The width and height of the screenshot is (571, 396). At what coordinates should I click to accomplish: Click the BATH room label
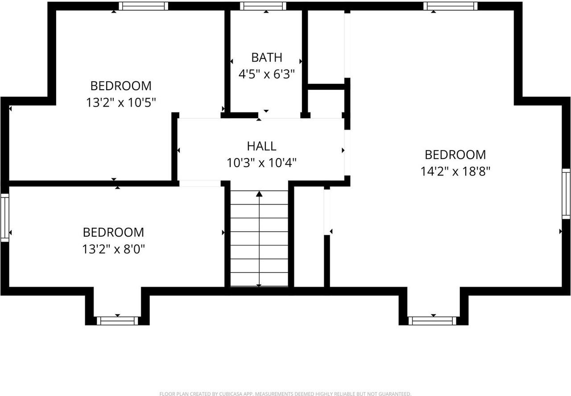[x=267, y=58]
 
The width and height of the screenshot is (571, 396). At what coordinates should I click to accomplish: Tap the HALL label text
[x=261, y=146]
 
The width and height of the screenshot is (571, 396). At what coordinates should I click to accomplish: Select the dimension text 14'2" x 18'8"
[x=455, y=171]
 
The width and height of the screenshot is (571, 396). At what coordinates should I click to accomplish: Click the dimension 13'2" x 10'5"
[x=121, y=103]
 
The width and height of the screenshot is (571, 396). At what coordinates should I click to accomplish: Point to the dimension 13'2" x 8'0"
[x=113, y=249]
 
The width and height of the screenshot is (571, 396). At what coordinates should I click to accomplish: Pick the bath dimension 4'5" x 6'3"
[x=267, y=74]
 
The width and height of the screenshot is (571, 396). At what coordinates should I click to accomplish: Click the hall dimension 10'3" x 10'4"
[x=261, y=163]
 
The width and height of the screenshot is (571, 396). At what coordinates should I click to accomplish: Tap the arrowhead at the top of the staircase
[x=259, y=194]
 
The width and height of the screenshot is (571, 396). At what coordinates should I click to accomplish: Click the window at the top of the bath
[x=263, y=6]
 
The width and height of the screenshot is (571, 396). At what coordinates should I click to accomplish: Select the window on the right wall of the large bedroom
[x=566, y=194]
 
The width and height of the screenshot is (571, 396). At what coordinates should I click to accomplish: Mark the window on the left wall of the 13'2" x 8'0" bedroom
[x=4, y=217]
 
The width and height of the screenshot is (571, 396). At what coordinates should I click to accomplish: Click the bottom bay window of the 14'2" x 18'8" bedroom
[x=432, y=321]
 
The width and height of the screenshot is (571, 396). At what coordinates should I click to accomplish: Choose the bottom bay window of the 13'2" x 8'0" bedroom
[x=118, y=321]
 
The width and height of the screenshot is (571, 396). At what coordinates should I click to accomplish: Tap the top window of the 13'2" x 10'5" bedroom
[x=143, y=6]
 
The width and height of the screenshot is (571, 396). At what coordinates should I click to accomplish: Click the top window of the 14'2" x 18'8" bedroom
[x=450, y=6]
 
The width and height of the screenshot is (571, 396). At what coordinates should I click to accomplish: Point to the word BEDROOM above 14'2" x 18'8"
[x=455, y=155]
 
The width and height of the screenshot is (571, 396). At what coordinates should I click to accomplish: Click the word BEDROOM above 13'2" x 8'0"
[x=113, y=233]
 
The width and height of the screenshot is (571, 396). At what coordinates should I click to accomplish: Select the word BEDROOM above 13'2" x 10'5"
[x=121, y=86]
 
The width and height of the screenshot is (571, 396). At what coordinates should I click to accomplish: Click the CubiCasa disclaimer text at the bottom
[x=285, y=393]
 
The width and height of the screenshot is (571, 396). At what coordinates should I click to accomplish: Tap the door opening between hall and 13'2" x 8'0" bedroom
[x=200, y=183]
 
